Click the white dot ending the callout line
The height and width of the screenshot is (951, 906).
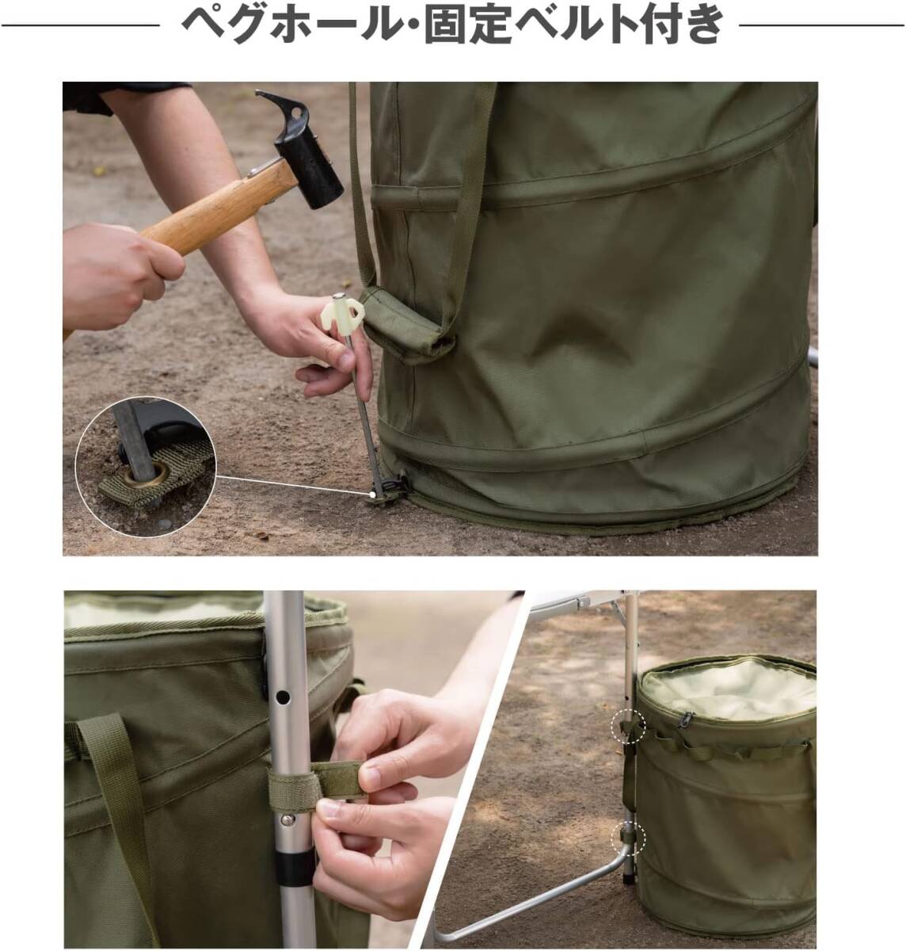372,495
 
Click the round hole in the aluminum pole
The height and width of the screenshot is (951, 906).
283,697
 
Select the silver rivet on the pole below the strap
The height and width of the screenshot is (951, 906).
288,820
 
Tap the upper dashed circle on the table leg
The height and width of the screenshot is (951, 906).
628,727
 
